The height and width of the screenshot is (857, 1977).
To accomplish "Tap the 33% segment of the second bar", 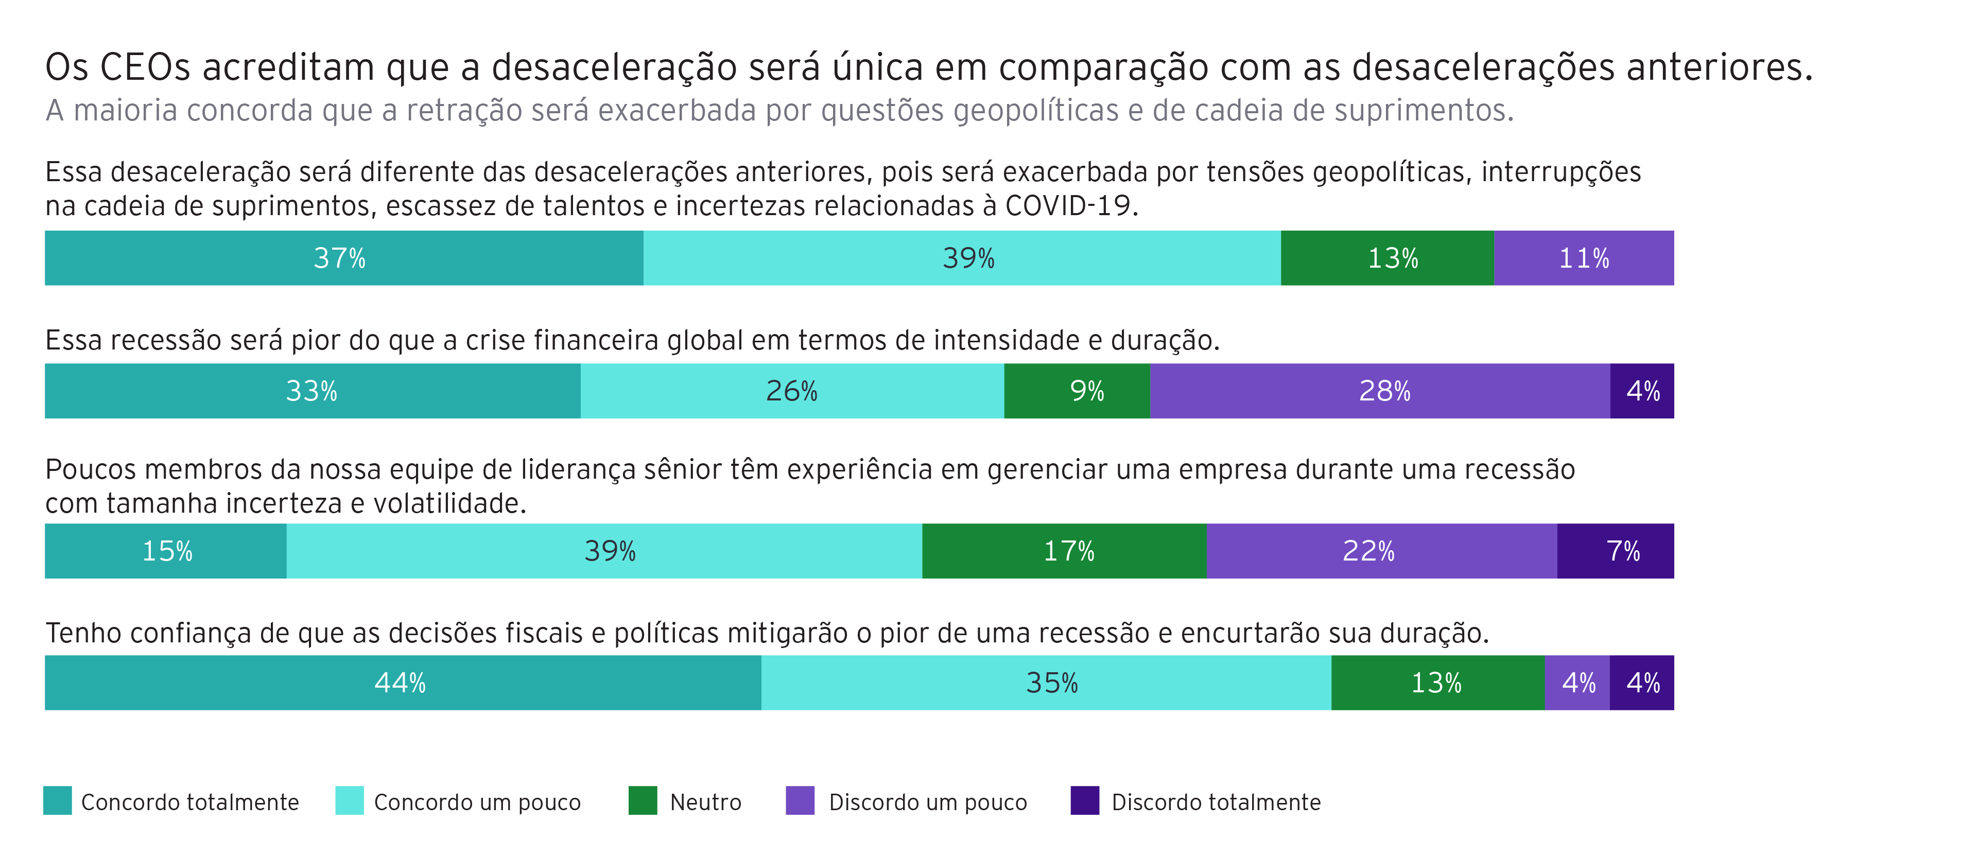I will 313,391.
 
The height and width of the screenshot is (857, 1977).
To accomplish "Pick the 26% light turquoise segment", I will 792,391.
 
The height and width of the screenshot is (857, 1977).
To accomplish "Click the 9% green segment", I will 1077,391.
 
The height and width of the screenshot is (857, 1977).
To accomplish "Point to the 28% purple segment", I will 1380,391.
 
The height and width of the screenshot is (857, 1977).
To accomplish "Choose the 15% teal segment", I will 166,551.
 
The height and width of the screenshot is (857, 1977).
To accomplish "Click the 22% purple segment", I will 1381,551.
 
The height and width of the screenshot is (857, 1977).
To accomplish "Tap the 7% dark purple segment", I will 1616,551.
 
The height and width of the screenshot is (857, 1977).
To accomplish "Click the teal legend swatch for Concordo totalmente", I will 58,800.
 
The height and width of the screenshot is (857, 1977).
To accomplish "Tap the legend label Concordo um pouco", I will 477,802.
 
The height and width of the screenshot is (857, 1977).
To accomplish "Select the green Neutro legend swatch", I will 643,800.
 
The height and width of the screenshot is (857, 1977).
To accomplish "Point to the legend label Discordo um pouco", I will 927,802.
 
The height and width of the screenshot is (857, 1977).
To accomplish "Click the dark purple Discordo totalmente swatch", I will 1084,800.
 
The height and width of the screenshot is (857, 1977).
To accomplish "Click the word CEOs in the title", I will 144,67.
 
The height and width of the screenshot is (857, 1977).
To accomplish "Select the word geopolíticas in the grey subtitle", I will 1035,111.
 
